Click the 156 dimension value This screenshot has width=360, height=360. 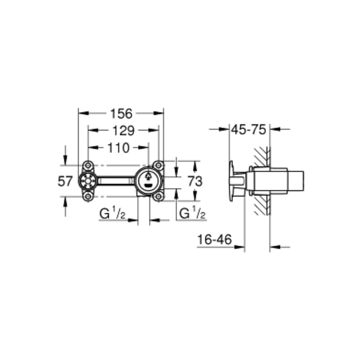(x=121, y=114)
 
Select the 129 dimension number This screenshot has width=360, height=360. (x=123, y=131)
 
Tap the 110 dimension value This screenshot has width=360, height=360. (x=118, y=148)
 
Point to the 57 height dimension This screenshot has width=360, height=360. (x=65, y=182)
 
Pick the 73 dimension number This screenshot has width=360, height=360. (x=195, y=182)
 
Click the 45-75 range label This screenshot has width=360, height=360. (x=249, y=130)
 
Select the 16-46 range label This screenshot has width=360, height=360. (x=214, y=240)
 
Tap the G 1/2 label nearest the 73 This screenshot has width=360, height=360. (x=192, y=214)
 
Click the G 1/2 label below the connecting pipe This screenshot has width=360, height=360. (x=112, y=214)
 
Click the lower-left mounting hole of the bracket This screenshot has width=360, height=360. (x=88, y=197)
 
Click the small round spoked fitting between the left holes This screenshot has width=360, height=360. (x=88, y=181)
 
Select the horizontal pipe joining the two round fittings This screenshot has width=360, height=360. (x=115, y=181)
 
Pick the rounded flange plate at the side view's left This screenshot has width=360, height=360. (x=231, y=182)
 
